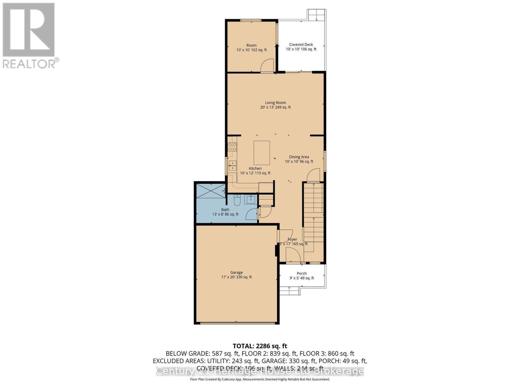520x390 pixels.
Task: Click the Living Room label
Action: [x=275, y=103]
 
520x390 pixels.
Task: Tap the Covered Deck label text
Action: [x=301, y=45]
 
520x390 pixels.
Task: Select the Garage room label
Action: [x=236, y=272]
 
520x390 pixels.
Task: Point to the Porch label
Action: [x=302, y=273]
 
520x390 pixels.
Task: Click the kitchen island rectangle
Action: [x=262, y=153]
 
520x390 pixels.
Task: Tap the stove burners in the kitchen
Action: [x=232, y=147]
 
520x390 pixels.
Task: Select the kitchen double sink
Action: [x=232, y=165]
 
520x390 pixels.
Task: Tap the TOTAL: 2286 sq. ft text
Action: [x=260, y=346]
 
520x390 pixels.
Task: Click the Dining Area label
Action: [x=299, y=157]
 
